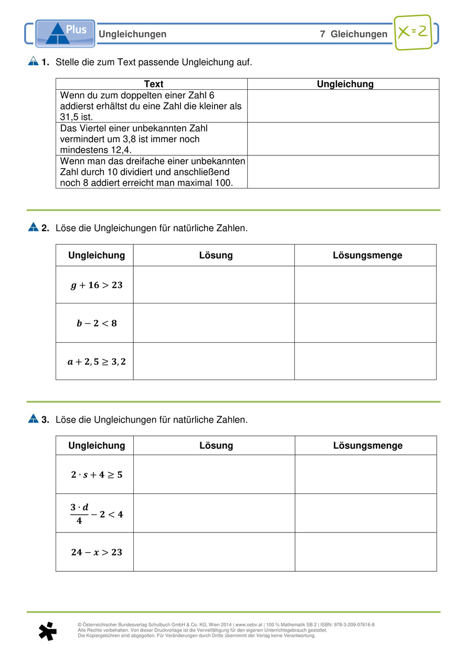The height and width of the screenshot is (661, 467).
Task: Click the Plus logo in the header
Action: [x=65, y=34]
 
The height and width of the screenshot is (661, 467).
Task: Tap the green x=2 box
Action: [x=413, y=32]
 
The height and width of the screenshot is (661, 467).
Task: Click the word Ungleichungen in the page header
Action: [x=133, y=34]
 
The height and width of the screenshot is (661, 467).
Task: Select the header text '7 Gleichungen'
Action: [x=354, y=34]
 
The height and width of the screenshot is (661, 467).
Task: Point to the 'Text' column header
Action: [x=153, y=84]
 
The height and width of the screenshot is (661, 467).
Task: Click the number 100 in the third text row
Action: [x=224, y=183]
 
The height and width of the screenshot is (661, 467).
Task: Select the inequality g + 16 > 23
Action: [x=96, y=285]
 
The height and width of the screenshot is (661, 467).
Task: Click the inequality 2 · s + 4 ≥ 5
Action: [x=97, y=475]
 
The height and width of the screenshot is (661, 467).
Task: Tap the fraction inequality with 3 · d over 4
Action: [x=97, y=514]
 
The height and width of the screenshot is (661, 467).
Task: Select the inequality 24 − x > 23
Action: [x=97, y=552]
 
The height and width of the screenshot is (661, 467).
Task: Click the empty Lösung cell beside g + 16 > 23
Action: [x=214, y=285]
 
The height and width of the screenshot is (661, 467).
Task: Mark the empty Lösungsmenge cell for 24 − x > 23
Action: [x=366, y=552]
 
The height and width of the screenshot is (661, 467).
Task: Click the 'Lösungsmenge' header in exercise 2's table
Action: [x=367, y=256]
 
